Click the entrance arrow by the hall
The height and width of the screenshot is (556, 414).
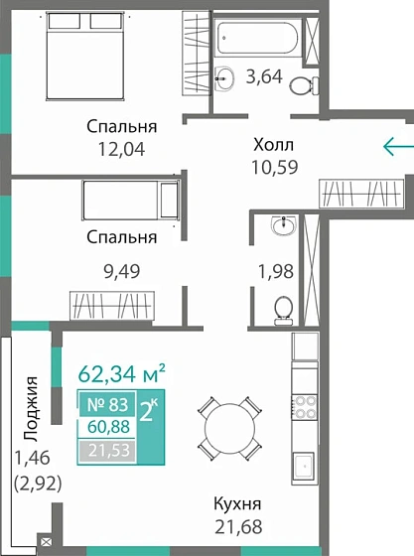397,148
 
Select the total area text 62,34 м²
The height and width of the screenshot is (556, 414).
120,375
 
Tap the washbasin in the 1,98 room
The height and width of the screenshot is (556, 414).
284,227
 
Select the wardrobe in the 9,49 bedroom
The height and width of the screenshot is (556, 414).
112,303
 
